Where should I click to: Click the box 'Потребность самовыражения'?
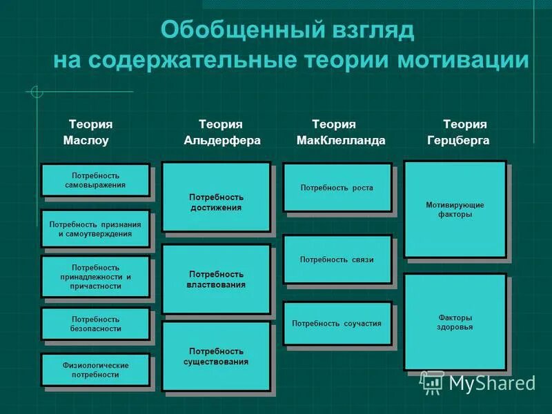pos(95,180)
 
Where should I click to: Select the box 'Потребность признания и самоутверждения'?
pos(95,229)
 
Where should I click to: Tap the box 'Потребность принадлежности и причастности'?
pos(95,277)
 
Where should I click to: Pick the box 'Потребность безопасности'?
pos(95,324)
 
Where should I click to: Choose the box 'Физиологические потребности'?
pos(95,370)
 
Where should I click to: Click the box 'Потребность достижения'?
pos(216,202)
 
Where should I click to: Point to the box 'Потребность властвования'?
pos(216,279)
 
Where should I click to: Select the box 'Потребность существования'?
pos(216,357)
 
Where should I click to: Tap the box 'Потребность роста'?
pos(337,188)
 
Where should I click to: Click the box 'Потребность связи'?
pos(337,259)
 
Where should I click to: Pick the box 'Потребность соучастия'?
pos(337,324)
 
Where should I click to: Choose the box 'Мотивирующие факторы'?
pos(455,210)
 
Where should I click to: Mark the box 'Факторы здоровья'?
pos(455,322)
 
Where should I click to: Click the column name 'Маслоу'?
pos(86,141)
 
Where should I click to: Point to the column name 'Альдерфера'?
pos(222,141)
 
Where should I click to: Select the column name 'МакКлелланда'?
pos(340,141)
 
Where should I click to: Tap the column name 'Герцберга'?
pos(458,141)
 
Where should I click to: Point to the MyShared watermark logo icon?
pos(433,382)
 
